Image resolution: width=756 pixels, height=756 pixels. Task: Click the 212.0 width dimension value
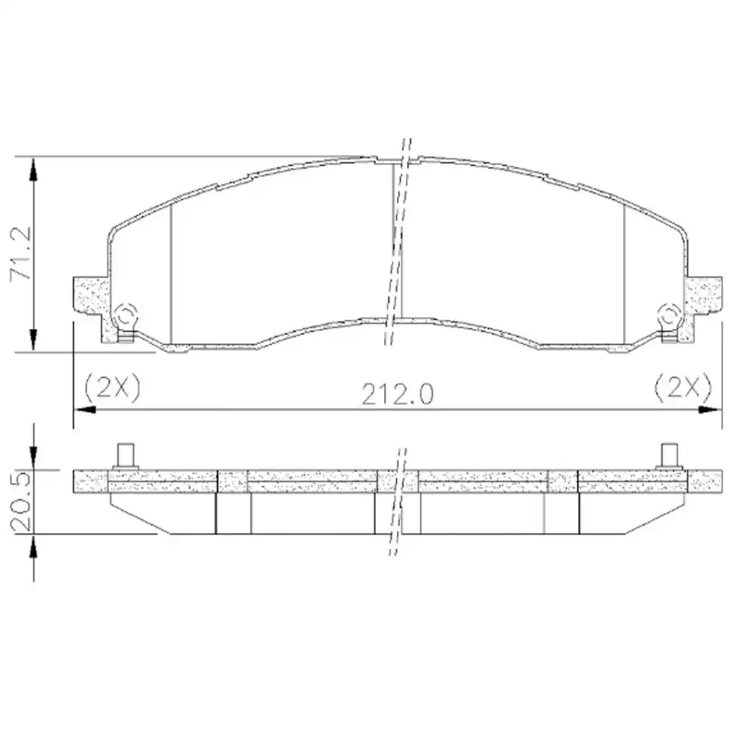[397, 394]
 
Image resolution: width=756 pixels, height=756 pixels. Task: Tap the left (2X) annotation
[112, 387]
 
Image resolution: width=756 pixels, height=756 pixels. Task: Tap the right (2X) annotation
[683, 387]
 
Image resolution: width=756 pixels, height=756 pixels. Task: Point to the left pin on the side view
[125, 456]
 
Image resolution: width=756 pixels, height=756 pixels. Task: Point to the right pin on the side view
[668, 456]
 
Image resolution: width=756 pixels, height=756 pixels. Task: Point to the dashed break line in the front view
[395, 242]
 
